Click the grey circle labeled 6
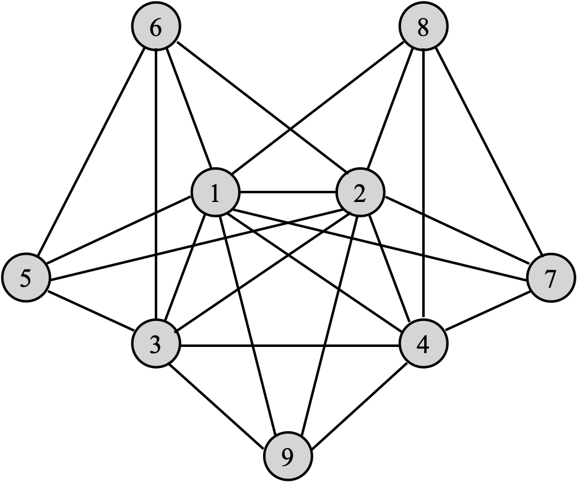pyautogui.click(x=156, y=28)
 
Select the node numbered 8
pyautogui.click(x=423, y=28)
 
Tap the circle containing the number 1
pyautogui.click(x=215, y=193)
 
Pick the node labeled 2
pyautogui.click(x=360, y=193)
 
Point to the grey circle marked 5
pyautogui.click(x=25, y=278)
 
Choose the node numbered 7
pyautogui.click(x=551, y=278)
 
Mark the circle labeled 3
pyautogui.click(x=156, y=344)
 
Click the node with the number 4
pyautogui.click(x=423, y=344)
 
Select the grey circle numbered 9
pyautogui.click(x=287, y=457)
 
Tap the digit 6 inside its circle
pyautogui.click(x=156, y=28)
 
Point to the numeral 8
pyautogui.click(x=423, y=28)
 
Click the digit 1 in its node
pyautogui.click(x=215, y=193)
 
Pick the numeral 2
pyautogui.click(x=360, y=193)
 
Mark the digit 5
pyautogui.click(x=25, y=278)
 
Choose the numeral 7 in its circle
pyautogui.click(x=551, y=278)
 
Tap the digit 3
pyautogui.click(x=156, y=344)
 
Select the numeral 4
pyautogui.click(x=423, y=344)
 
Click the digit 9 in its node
pyautogui.click(x=287, y=457)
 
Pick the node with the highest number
pyautogui.click(x=287, y=457)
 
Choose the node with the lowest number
pyautogui.click(x=215, y=193)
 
